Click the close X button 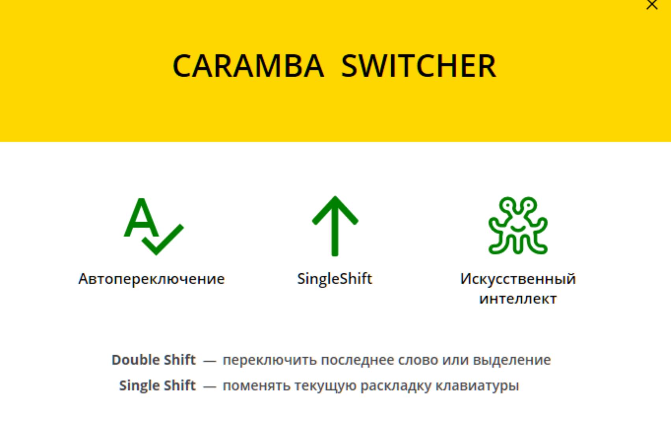pyautogui.click(x=652, y=4)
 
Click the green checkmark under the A pyautogui.click(x=163, y=240)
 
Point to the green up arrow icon pyautogui.click(x=335, y=226)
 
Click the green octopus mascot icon pyautogui.click(x=518, y=226)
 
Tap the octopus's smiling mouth pyautogui.click(x=518, y=229)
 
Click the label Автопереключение pyautogui.click(x=151, y=279)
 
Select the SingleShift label pyautogui.click(x=335, y=279)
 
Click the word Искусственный pyautogui.click(x=518, y=279)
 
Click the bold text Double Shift pyautogui.click(x=153, y=360)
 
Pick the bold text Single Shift pyautogui.click(x=157, y=386)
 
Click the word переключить pyautogui.click(x=270, y=360)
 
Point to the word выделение pyautogui.click(x=512, y=360)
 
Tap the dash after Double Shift pyautogui.click(x=210, y=361)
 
